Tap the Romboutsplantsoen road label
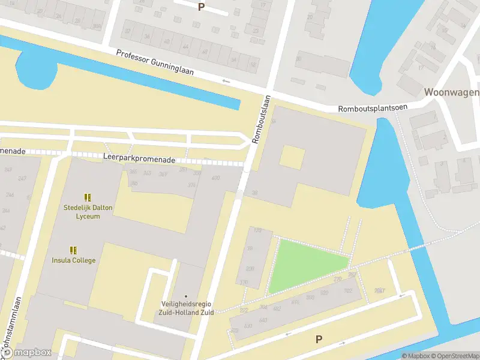coord(373,108)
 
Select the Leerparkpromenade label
coord(139,160)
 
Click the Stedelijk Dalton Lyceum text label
coord(88,212)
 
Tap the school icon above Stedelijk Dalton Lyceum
coord(88,197)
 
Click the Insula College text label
coord(73,260)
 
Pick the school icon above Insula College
coord(73,250)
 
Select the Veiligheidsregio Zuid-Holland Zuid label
coord(185,308)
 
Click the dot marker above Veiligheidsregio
coord(185,296)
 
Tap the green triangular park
coord(303,264)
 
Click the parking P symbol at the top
coord(201,7)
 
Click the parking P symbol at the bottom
coord(319,339)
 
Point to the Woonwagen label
coord(451,92)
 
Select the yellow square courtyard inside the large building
coord(292,157)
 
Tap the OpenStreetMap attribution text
coord(454,356)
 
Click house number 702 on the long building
coord(348,292)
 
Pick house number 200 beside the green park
coord(250,269)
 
